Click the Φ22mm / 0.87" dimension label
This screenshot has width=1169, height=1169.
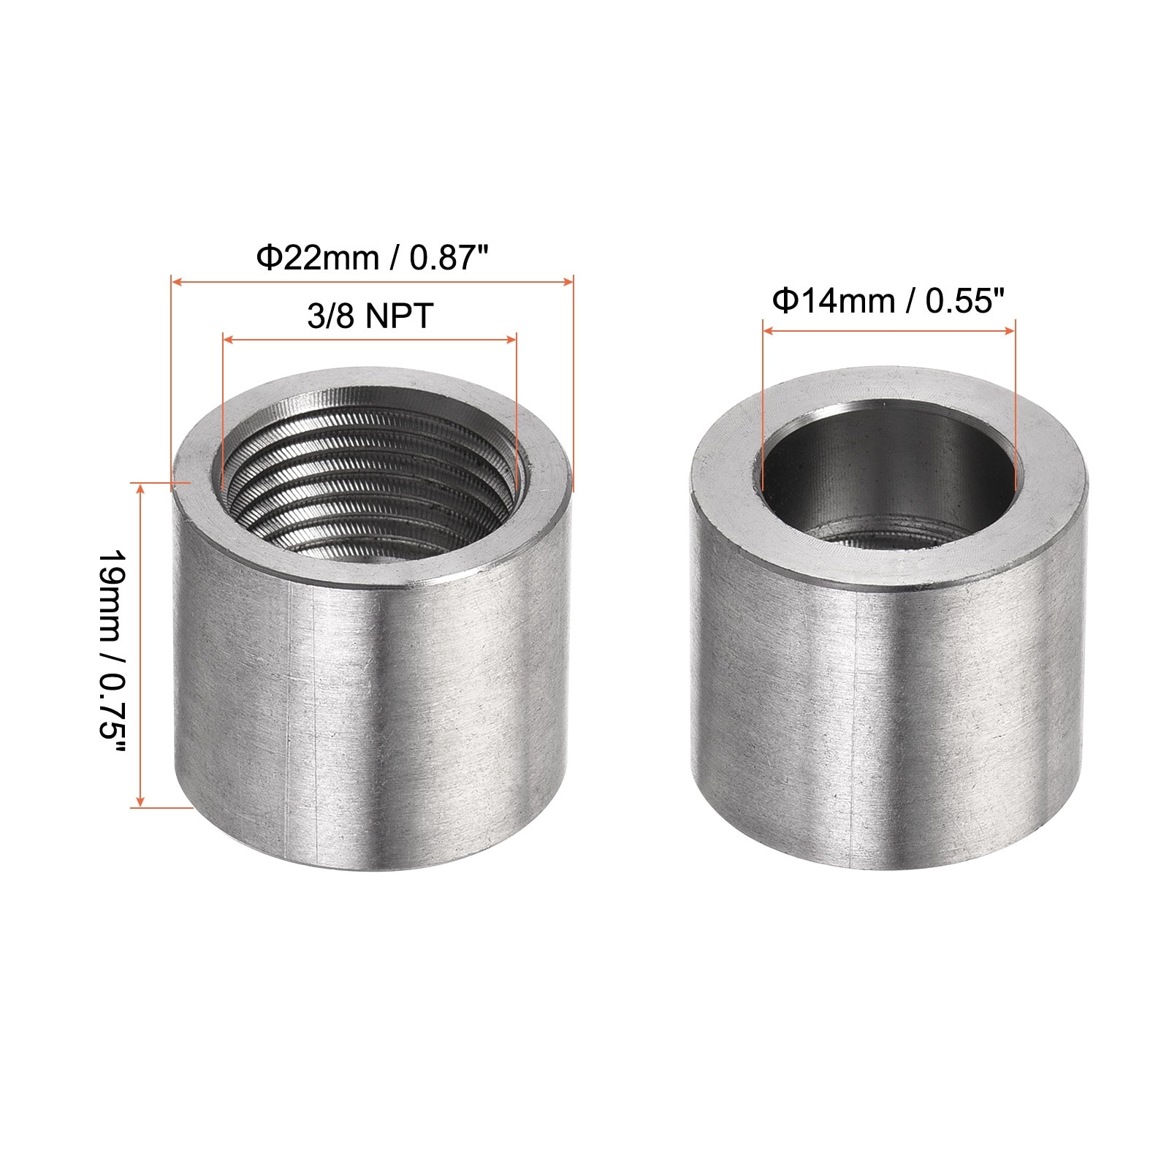(372, 258)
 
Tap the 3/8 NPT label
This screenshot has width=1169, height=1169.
(370, 316)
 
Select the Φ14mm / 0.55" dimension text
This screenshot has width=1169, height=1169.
(889, 300)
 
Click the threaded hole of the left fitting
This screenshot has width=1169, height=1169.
(369, 482)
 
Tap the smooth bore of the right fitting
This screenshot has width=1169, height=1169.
(888, 479)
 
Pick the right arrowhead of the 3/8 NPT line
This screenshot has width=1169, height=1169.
(511, 339)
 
